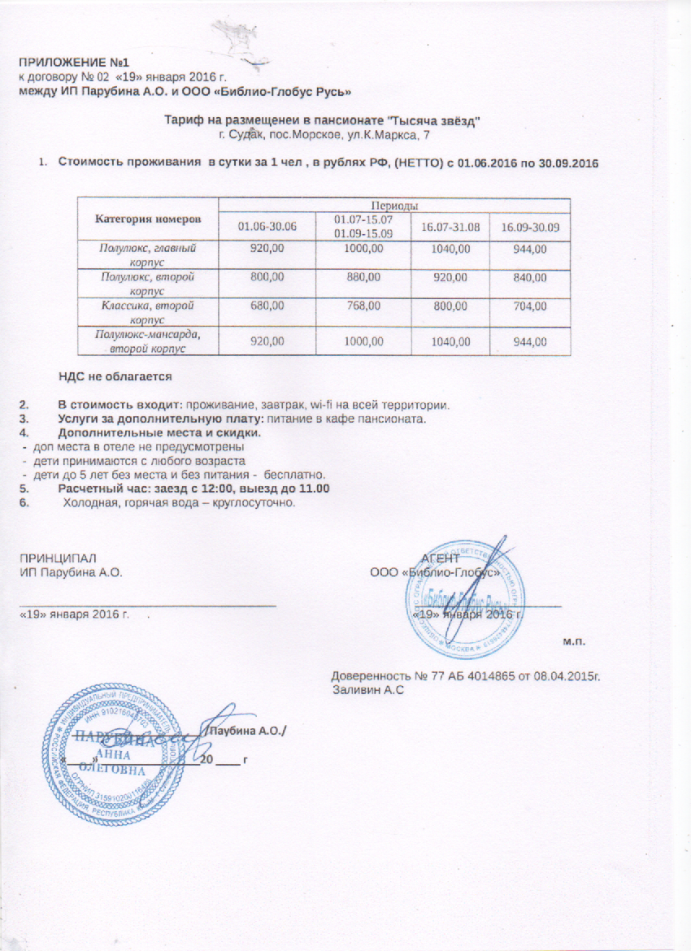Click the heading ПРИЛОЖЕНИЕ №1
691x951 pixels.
pyautogui.click(x=75, y=63)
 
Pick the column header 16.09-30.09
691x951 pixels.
pyautogui.click(x=530, y=225)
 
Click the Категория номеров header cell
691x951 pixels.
pyautogui.click(x=148, y=219)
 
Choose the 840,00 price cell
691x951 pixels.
pyautogui.click(x=530, y=278)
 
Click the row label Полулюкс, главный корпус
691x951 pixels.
pyautogui.click(x=148, y=253)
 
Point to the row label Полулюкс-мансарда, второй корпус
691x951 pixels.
pyautogui.click(x=148, y=341)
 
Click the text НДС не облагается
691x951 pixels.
pyautogui.click(x=115, y=376)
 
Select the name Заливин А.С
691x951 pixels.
pyautogui.click(x=369, y=689)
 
